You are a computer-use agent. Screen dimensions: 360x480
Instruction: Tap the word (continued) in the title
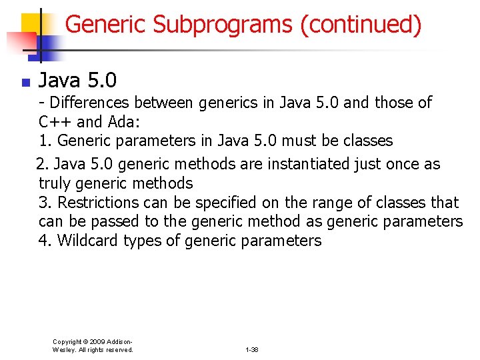(x=361, y=25)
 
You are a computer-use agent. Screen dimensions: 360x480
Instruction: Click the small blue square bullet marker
(x=25, y=83)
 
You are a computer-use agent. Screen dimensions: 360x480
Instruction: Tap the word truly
(x=55, y=183)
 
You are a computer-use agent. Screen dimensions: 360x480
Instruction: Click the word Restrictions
(x=101, y=203)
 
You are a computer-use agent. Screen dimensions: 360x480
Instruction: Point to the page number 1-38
(x=252, y=350)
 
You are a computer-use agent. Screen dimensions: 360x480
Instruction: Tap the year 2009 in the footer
(x=95, y=341)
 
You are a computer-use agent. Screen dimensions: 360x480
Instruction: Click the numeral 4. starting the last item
(x=45, y=241)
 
